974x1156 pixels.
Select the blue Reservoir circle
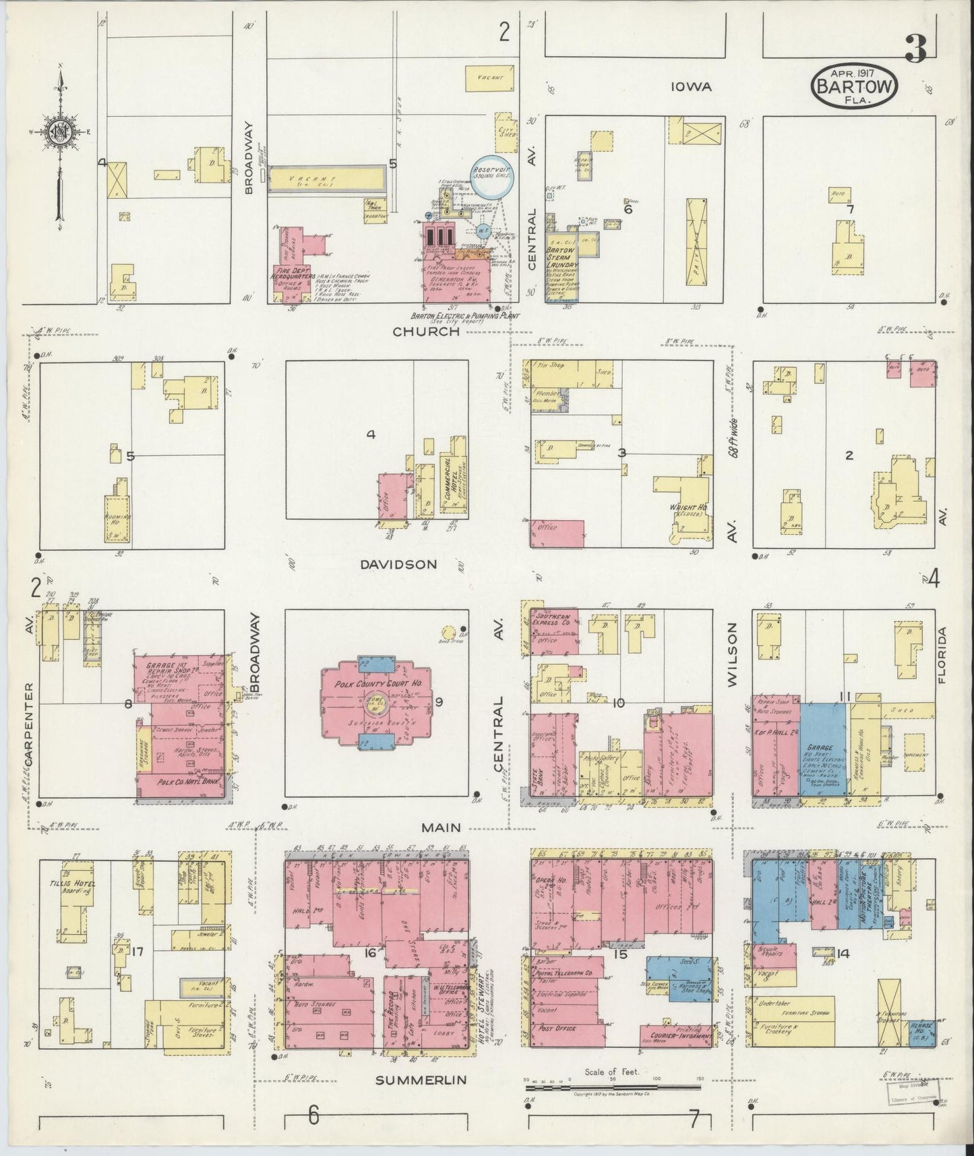click(x=491, y=177)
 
